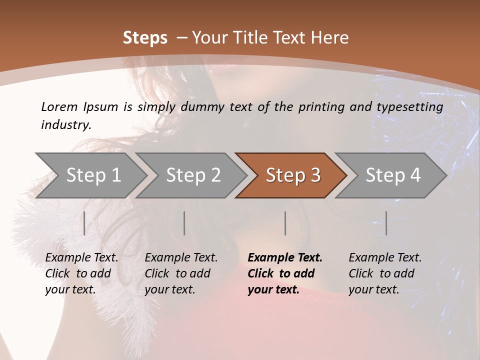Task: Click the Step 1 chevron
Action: (x=92, y=175)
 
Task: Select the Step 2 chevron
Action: (x=192, y=175)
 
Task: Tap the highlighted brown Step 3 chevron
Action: (x=292, y=175)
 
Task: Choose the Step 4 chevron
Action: (x=392, y=175)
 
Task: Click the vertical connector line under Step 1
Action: (x=84, y=223)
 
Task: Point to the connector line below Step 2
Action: (x=184, y=223)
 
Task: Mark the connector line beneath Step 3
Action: (x=285, y=223)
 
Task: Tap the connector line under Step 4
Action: (x=386, y=223)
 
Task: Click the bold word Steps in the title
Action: (x=145, y=38)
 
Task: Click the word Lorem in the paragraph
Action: (x=59, y=106)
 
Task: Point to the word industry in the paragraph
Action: (x=66, y=124)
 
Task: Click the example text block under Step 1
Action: (x=81, y=273)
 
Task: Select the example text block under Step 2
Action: (x=181, y=273)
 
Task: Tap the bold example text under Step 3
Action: (x=285, y=273)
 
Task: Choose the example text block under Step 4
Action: (x=385, y=273)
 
